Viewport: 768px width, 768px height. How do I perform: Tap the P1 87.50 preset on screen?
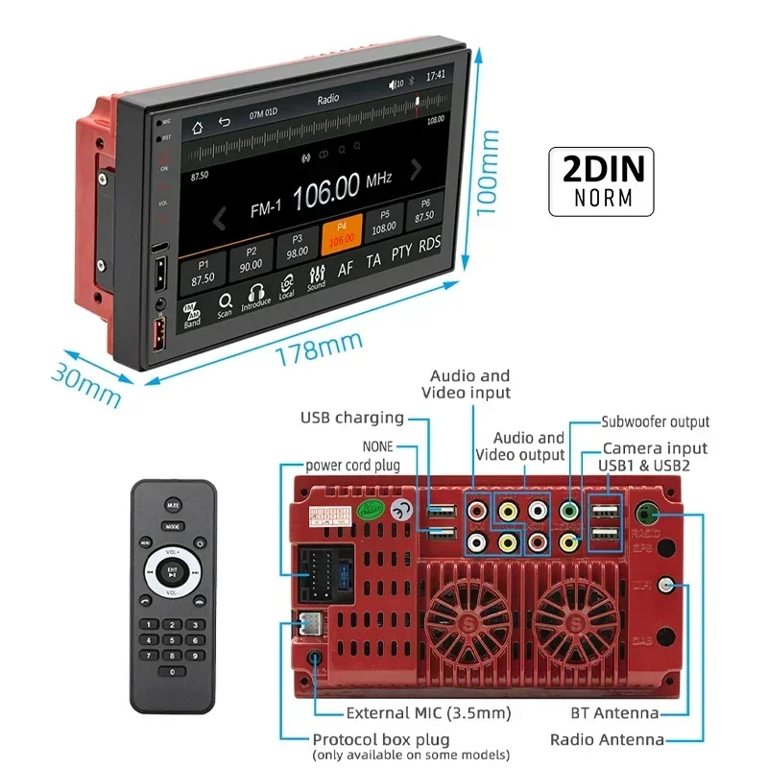[203, 271]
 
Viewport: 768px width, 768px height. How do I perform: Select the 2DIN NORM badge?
[600, 180]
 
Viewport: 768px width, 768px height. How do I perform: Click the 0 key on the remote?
[173, 671]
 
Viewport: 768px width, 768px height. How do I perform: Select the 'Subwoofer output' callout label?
[656, 421]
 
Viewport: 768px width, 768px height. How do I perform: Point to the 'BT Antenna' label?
[612, 712]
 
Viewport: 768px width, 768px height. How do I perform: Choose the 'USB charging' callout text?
[352, 418]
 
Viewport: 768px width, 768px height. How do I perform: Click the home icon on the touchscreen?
[198, 126]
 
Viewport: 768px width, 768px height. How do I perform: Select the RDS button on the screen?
[429, 244]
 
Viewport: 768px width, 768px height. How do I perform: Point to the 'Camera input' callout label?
[655, 448]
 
